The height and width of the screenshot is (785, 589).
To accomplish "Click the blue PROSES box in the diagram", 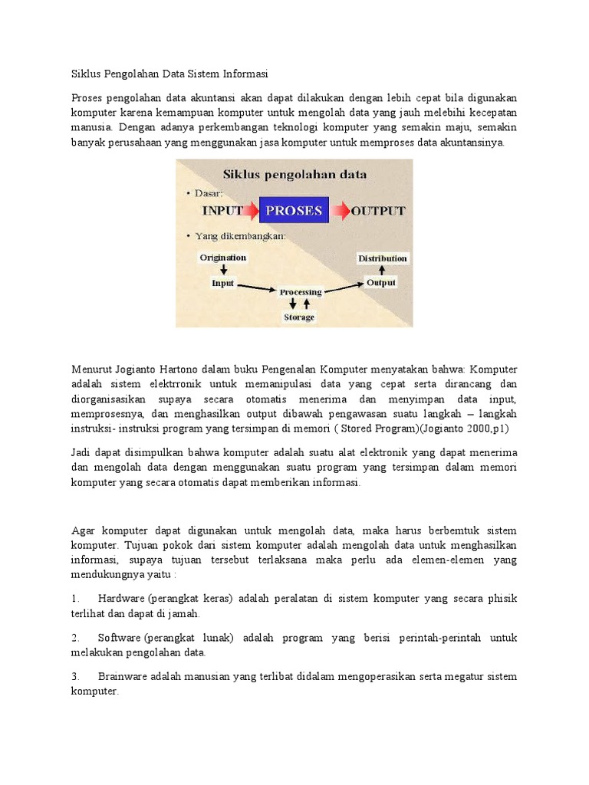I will pos(294,210).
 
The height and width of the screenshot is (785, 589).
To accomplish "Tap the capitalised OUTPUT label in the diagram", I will pos(378,211).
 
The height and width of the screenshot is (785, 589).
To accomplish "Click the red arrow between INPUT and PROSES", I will pos(251,210).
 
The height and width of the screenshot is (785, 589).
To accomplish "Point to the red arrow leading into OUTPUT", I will pos(341,210).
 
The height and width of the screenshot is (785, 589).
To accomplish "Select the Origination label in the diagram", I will pos(223,258).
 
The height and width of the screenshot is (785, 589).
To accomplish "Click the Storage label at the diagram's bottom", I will pos(299,317).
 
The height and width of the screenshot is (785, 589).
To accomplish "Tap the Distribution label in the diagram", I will pos(383,258).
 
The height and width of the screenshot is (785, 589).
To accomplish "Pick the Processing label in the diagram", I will pos(301,292).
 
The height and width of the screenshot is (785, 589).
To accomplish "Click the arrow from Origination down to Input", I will pos(223,270).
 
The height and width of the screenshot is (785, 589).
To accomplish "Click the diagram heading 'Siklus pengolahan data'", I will pos(294,174).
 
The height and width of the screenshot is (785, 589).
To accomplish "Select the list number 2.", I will pos(76,638).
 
